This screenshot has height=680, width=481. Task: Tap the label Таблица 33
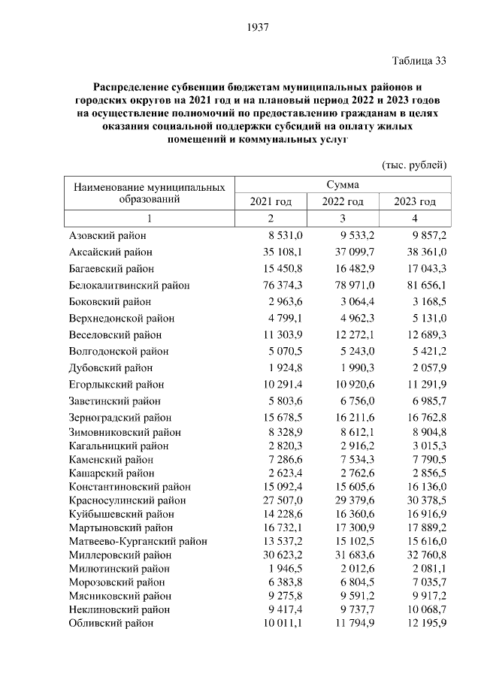coord(419,61)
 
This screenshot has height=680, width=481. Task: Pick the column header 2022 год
coord(343,202)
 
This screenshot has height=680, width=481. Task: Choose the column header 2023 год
coord(415,202)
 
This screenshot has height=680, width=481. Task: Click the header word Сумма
coord(343,185)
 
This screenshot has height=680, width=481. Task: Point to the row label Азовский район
coord(106,236)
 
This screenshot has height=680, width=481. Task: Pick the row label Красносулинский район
coord(127,500)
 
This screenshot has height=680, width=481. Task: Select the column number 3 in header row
coord(343,219)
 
